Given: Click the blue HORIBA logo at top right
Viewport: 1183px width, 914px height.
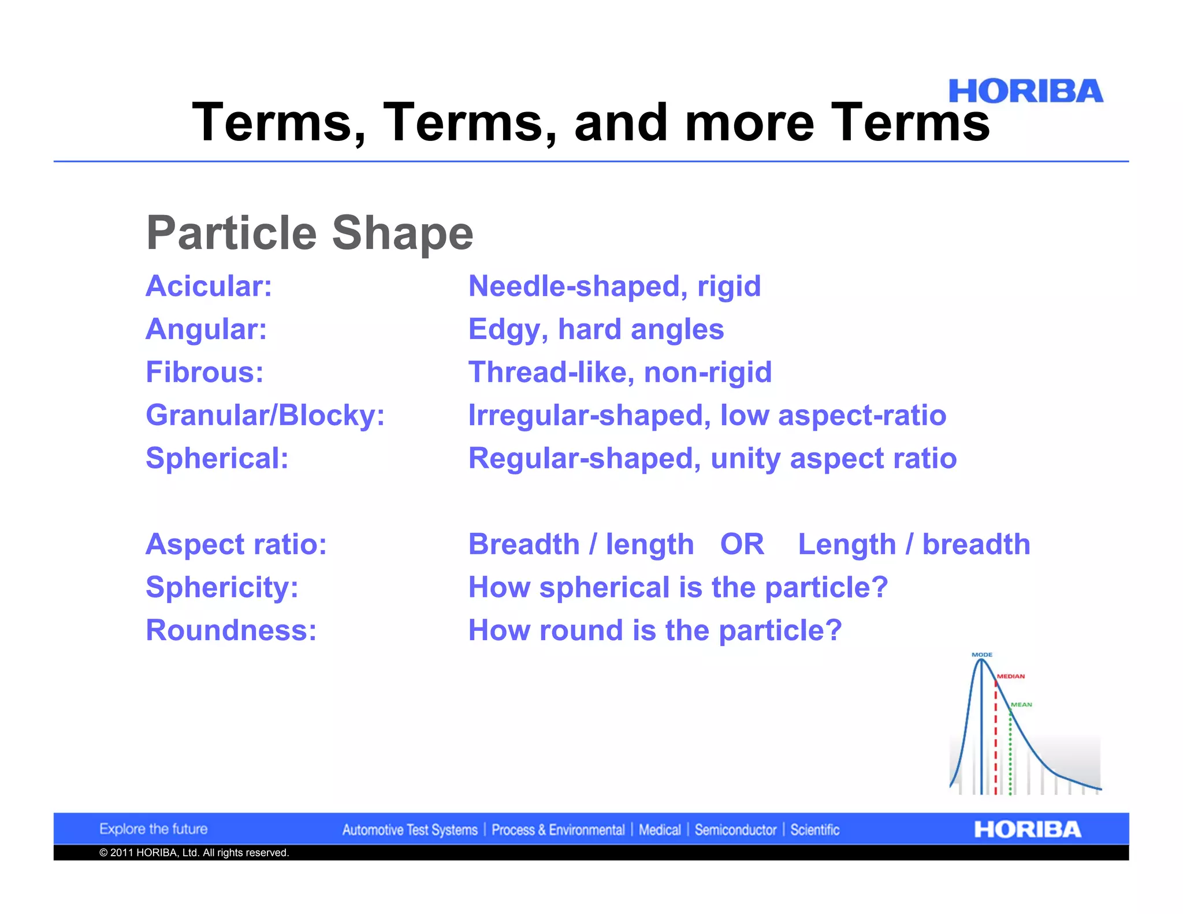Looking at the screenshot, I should (1025, 92).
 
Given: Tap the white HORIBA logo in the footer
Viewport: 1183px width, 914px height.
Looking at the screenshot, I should (1027, 830).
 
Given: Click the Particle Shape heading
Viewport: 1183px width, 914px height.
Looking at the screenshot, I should (310, 233).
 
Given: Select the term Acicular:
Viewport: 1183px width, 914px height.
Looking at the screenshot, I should (209, 287).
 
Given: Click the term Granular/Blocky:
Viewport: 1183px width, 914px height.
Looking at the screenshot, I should (265, 415).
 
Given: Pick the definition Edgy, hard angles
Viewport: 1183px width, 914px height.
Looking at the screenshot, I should (596, 330).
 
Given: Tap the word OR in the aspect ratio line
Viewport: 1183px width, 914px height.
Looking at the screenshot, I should (742, 545).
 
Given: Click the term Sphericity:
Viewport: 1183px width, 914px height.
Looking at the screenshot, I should (222, 588).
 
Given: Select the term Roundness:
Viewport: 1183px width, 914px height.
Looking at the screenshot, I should (231, 630).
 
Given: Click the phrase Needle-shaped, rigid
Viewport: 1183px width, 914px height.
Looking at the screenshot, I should (614, 287).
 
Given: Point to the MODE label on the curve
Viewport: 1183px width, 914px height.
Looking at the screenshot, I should (981, 655).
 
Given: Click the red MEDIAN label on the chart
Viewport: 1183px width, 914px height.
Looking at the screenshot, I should (1011, 676).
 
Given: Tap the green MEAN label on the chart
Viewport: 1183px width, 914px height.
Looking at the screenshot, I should (1021, 704).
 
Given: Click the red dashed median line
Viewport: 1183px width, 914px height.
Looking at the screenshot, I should (995, 745).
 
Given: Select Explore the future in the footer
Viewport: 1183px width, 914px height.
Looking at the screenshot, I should (153, 829).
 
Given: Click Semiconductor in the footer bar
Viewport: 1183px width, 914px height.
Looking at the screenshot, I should (735, 830).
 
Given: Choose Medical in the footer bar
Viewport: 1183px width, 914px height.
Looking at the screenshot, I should (660, 830).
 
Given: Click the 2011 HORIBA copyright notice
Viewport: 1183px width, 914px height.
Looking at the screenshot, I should (194, 853).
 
